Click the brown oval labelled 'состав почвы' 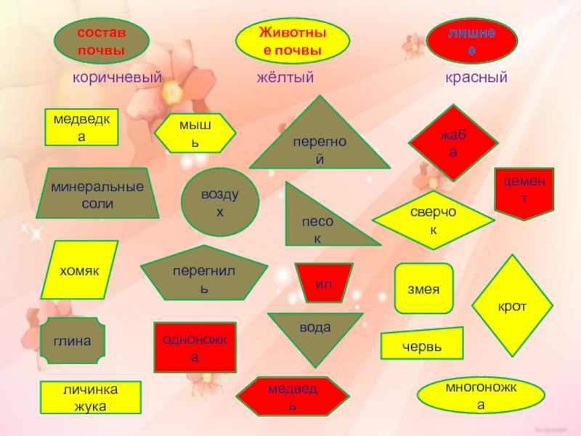(x=102, y=41)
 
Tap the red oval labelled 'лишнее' (x=471, y=41)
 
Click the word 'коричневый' (x=116, y=77)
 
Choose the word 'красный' (x=476, y=77)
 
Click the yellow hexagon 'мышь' (x=198, y=133)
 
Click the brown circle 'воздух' (x=220, y=203)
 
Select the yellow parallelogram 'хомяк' (x=78, y=270)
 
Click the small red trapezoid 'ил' (x=323, y=283)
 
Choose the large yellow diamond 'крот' (x=512, y=306)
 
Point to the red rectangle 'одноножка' (x=195, y=347)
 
